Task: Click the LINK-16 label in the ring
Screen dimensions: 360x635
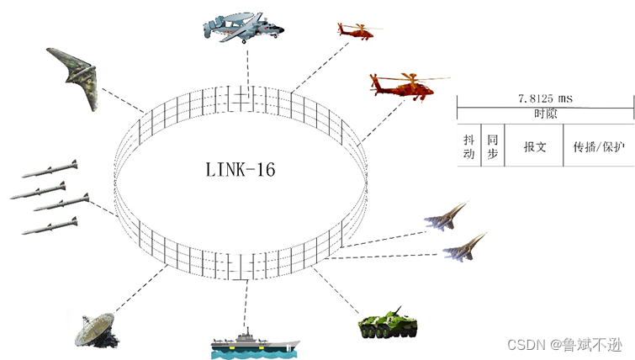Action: (240, 169)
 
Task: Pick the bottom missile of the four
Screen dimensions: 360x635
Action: (50, 225)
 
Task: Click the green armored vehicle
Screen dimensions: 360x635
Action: (388, 323)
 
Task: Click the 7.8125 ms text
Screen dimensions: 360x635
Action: (545, 99)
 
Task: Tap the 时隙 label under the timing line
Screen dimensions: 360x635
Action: (545, 114)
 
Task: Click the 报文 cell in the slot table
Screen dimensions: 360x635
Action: (535, 146)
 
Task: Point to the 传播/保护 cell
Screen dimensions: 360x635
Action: (599, 146)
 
